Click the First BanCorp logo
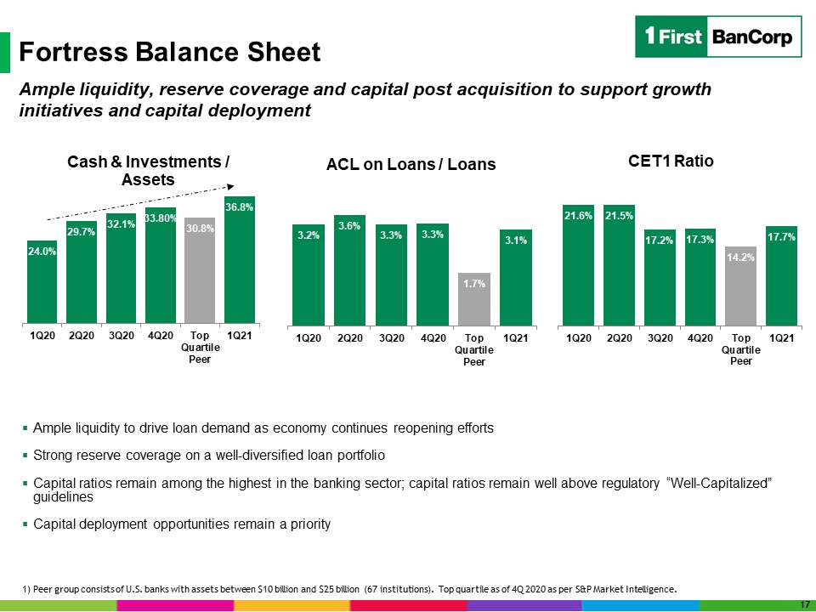718,37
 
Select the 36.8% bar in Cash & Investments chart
240,260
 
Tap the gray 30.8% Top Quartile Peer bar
200,270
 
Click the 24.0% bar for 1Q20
42,282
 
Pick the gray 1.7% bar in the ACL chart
474,299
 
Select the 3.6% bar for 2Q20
349,270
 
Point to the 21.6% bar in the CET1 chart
578,265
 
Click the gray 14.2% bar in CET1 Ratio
740,286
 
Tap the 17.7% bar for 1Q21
781,276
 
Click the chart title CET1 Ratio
671,161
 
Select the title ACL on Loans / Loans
411,164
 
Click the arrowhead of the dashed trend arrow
230,187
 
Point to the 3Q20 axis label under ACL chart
391,338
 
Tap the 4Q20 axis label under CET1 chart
700,338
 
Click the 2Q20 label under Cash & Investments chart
82,336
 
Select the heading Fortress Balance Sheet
170,52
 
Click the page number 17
805,604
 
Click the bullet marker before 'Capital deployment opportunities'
25,524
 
